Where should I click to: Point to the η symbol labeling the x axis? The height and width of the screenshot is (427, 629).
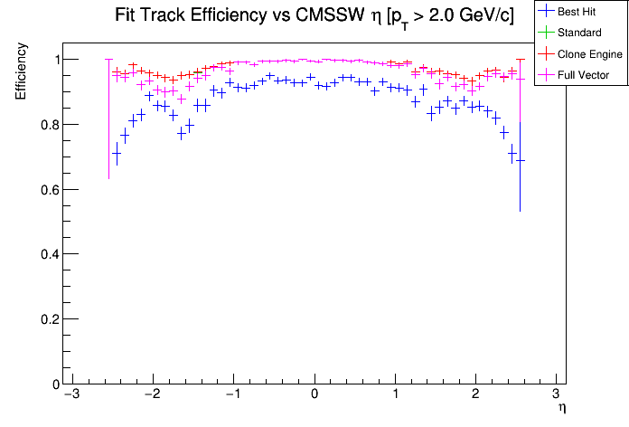pyautogui.click(x=562, y=408)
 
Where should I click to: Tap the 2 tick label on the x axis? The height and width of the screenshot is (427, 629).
pyautogui.click(x=476, y=395)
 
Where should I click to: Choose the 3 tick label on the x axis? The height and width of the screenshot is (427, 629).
pyautogui.click(x=557, y=395)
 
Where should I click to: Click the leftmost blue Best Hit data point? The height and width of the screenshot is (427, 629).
pyautogui.click(x=117, y=154)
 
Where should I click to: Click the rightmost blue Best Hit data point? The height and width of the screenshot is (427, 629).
pyautogui.click(x=520, y=160)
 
